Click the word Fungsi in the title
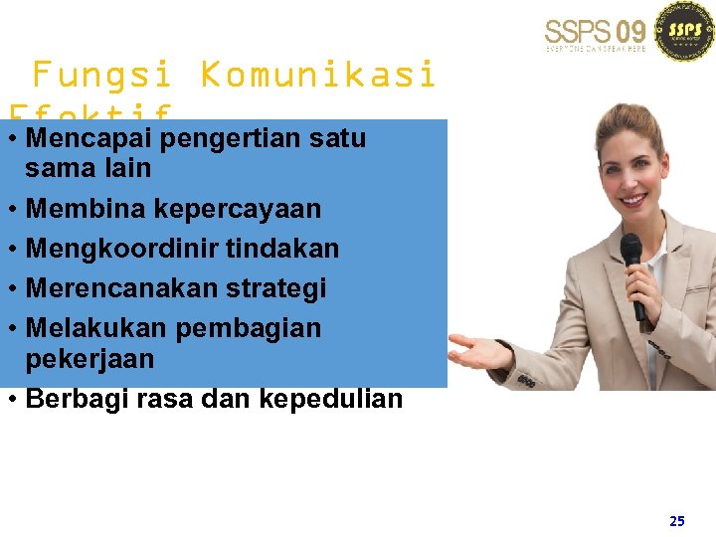tap(102, 75)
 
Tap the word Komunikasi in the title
tap(317, 75)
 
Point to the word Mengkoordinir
tap(121, 249)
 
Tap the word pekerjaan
tap(89, 358)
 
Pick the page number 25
tap(677, 520)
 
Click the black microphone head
tap(631, 249)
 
